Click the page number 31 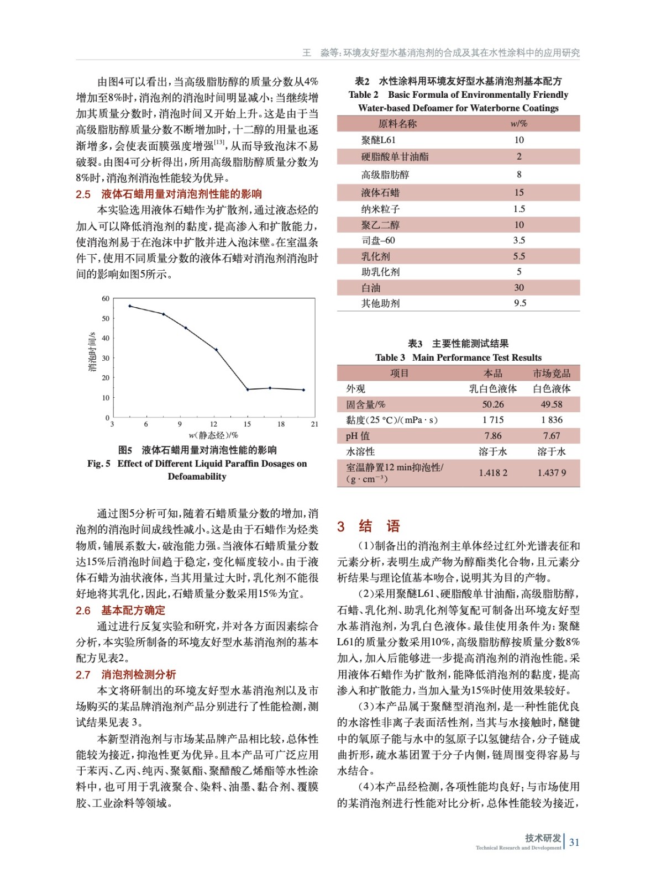[x=574, y=842]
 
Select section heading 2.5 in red [x=169, y=194]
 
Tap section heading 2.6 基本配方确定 [x=120, y=610]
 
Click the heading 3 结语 [x=368, y=526]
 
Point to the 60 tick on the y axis [x=106, y=298]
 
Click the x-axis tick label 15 [x=247, y=424]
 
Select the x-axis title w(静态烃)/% [x=213, y=435]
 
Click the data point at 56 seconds [x=130, y=306]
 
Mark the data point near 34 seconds [x=216, y=350]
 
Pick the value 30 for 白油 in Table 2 [x=519, y=287]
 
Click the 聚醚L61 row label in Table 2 [x=379, y=140]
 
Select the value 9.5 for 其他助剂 [x=519, y=303]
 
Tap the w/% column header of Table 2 [x=519, y=124]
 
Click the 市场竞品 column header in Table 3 [x=552, y=373]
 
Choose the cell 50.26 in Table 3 [x=493, y=404]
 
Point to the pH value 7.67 [x=552, y=436]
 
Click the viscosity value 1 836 [x=552, y=420]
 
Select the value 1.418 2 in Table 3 [x=493, y=473]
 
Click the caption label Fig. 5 [x=99, y=464]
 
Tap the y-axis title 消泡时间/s [x=92, y=351]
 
